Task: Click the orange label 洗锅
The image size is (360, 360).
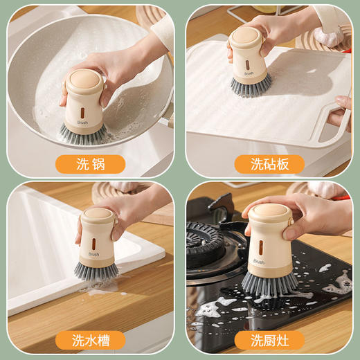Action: coord(91,164)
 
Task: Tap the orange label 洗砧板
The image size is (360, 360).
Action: coord(269,164)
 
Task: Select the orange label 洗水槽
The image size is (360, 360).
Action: coord(91,340)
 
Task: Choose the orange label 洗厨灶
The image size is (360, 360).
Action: coord(269,340)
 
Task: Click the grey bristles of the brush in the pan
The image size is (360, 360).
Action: coord(82,133)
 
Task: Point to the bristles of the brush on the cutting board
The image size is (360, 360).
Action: coord(251,84)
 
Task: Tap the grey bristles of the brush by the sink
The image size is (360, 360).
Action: coord(96,269)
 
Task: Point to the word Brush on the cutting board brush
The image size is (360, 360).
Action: coord(249,73)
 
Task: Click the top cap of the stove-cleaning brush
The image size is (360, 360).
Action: coord(267,212)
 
